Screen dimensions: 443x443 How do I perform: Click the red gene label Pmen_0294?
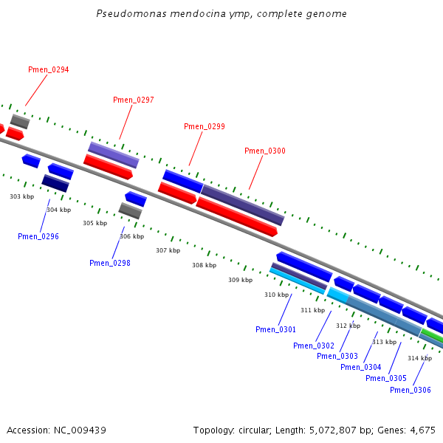(48, 69)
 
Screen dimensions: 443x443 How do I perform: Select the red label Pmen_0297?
(134, 100)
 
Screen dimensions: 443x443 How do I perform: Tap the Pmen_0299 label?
(205, 126)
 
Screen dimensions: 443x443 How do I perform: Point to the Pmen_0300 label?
(265, 151)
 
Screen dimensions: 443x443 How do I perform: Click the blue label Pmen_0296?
(38, 236)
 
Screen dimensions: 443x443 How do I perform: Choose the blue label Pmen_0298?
(110, 263)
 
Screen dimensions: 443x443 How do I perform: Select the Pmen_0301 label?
(275, 329)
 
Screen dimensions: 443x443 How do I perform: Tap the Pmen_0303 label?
(337, 356)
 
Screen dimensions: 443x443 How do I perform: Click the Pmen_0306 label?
(411, 390)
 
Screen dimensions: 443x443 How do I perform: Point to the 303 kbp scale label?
(22, 196)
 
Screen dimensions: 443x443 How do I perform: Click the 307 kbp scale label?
(168, 250)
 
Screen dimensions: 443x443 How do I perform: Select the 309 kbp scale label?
(241, 280)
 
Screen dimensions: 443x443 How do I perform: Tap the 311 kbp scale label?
(313, 310)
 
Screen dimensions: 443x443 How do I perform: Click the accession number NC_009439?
(80, 430)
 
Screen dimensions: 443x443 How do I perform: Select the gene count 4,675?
(422, 430)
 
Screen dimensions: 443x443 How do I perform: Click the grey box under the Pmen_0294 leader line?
(20, 122)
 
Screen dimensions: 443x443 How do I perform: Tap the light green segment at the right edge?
(433, 335)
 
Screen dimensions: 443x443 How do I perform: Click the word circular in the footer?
(255, 430)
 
